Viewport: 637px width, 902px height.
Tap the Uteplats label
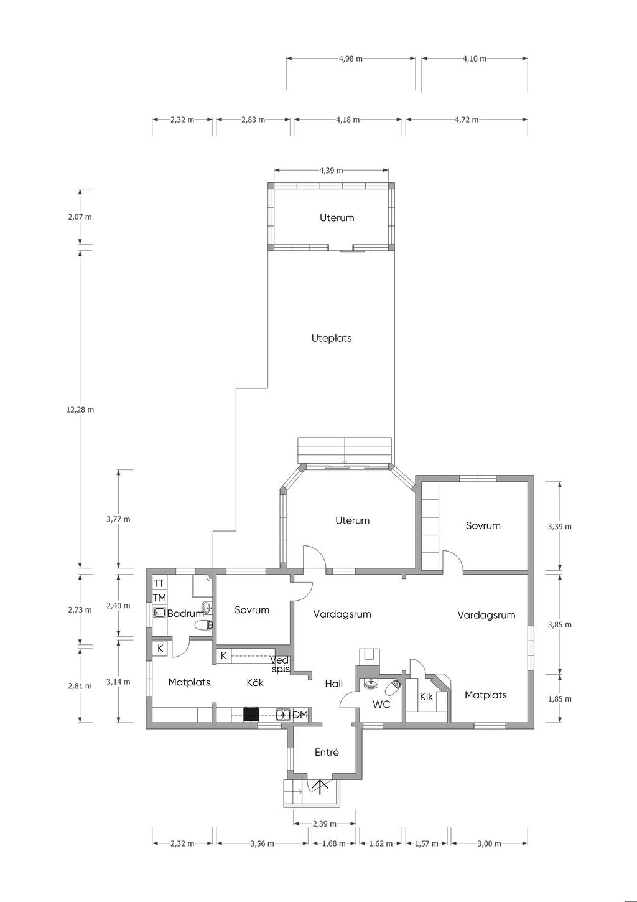(x=332, y=338)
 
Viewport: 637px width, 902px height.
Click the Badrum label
(x=185, y=614)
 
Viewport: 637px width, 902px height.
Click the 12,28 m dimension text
(x=80, y=410)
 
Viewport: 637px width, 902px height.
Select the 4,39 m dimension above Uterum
(x=331, y=171)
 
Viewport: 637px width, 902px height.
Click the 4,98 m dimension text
(x=350, y=59)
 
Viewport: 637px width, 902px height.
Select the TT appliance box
(x=159, y=583)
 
